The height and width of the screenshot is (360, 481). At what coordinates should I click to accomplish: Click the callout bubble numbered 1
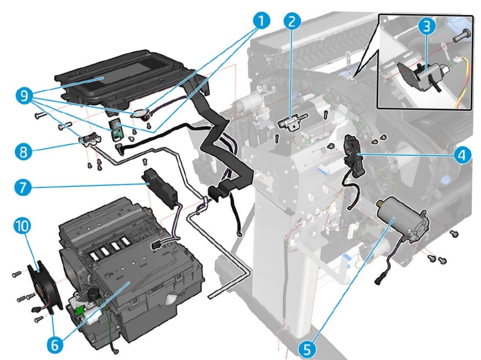pyautogui.click(x=262, y=22)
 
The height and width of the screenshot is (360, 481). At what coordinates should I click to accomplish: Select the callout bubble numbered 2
pyautogui.click(x=291, y=22)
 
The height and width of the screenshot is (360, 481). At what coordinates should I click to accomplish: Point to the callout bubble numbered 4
pyautogui.click(x=461, y=155)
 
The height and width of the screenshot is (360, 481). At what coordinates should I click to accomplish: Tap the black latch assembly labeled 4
pyautogui.click(x=354, y=154)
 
